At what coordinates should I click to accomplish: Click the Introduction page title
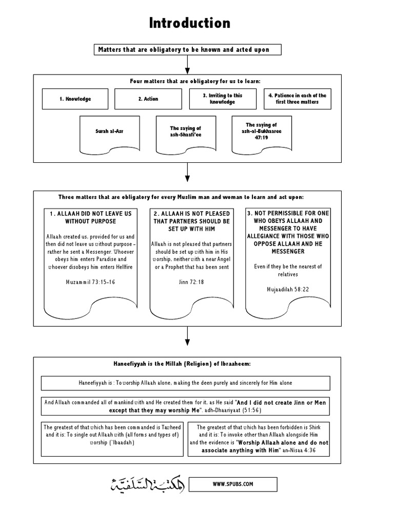coord(189,23)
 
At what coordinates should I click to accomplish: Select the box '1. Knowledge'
coord(75,99)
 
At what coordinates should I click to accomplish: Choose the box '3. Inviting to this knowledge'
coord(222,99)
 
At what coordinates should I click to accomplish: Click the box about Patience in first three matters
coord(297,99)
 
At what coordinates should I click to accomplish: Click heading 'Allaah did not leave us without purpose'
coord(90,217)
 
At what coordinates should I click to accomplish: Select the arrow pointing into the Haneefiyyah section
coord(188,340)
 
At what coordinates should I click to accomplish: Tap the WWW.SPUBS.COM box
coord(232,484)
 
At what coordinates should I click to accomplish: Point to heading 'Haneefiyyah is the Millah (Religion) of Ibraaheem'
coord(188,363)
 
